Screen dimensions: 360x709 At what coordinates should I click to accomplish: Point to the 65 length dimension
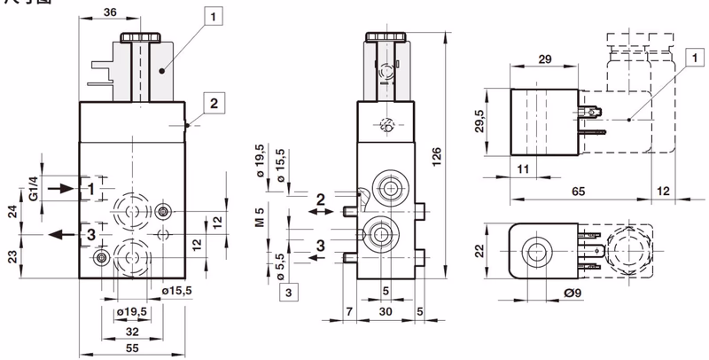pyautogui.click(x=577, y=190)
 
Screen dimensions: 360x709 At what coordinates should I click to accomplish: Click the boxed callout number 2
pyautogui.click(x=214, y=102)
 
